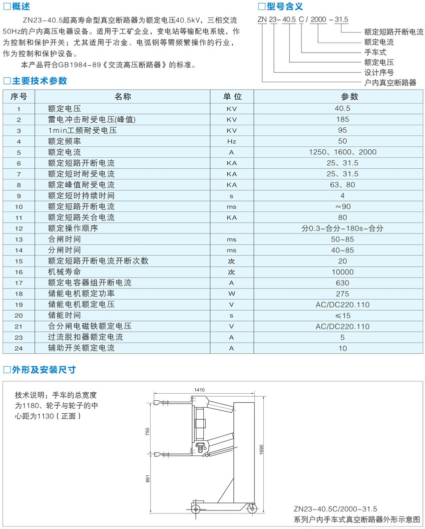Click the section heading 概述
coord(22,7)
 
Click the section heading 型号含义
coord(284,7)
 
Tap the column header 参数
coord(342,97)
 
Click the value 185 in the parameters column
coord(342,119)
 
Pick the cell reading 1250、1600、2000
coord(342,152)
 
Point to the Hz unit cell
coord(231,141)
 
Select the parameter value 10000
coord(342,272)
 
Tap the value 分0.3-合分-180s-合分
coord(342,228)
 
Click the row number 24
coord(19,348)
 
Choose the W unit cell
coord(231,294)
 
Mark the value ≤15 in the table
coord(342,316)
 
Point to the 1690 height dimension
coord(261,448)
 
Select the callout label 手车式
coord(375,52)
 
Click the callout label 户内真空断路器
coord(390,83)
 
